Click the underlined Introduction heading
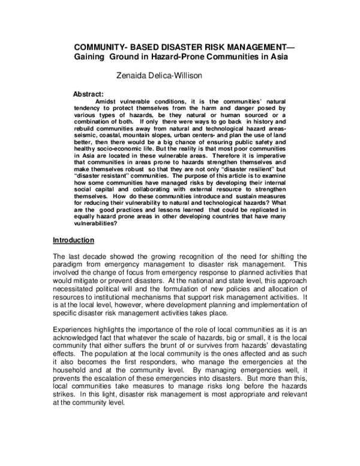(73, 241)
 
